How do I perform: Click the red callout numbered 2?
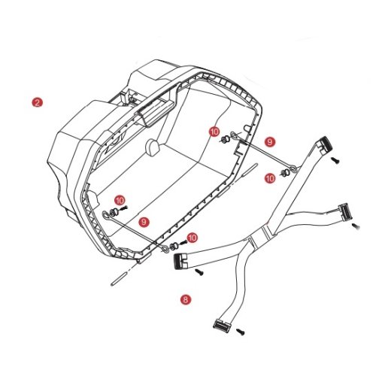[x=38, y=102]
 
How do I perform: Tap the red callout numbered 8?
[x=186, y=299]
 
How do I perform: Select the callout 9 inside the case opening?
[x=144, y=222]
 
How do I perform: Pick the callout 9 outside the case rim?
[x=270, y=142]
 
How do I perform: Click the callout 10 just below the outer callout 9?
[x=270, y=178]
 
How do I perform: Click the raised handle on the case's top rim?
[x=155, y=114]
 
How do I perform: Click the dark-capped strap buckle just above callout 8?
[x=180, y=261]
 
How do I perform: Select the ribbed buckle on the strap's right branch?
[x=345, y=211]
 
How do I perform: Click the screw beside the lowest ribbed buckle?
[x=241, y=332]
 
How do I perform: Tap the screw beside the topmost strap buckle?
[x=335, y=160]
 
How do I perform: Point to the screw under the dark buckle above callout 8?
[x=200, y=272]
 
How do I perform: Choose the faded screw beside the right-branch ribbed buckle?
[x=356, y=226]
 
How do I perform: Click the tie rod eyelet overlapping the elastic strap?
[x=293, y=169]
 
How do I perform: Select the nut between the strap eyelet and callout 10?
[x=284, y=173]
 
